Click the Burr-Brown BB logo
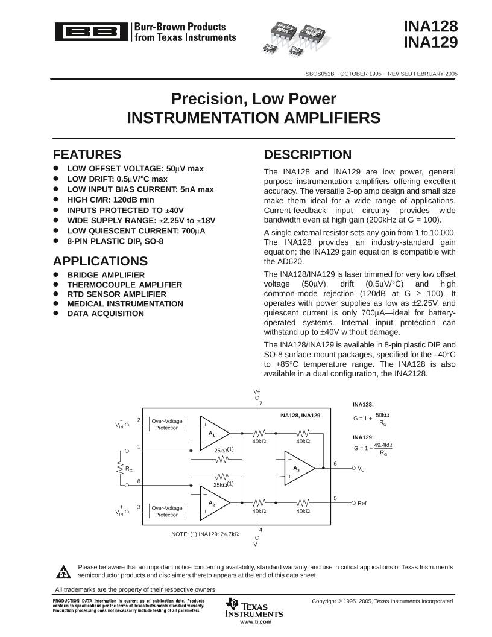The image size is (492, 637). [x=91, y=31]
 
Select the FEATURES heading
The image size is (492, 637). [x=87, y=154]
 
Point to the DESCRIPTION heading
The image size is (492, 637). [x=307, y=154]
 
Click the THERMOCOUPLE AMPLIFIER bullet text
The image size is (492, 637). [x=124, y=285]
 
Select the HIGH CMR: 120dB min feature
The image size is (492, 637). [x=110, y=199]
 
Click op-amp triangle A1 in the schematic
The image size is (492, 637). [x=213, y=433]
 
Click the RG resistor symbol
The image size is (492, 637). [x=121, y=468]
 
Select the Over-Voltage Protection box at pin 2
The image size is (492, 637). [x=166, y=424]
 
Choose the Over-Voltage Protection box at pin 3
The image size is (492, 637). [x=166, y=511]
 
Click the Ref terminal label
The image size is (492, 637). [x=362, y=503]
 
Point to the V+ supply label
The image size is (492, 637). [x=257, y=392]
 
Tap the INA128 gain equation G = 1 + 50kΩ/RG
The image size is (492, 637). [x=371, y=417]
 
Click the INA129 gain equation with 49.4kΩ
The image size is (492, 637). [x=373, y=448]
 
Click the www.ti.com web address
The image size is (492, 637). [x=255, y=621]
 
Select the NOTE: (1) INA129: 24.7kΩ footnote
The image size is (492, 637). [x=205, y=534]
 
